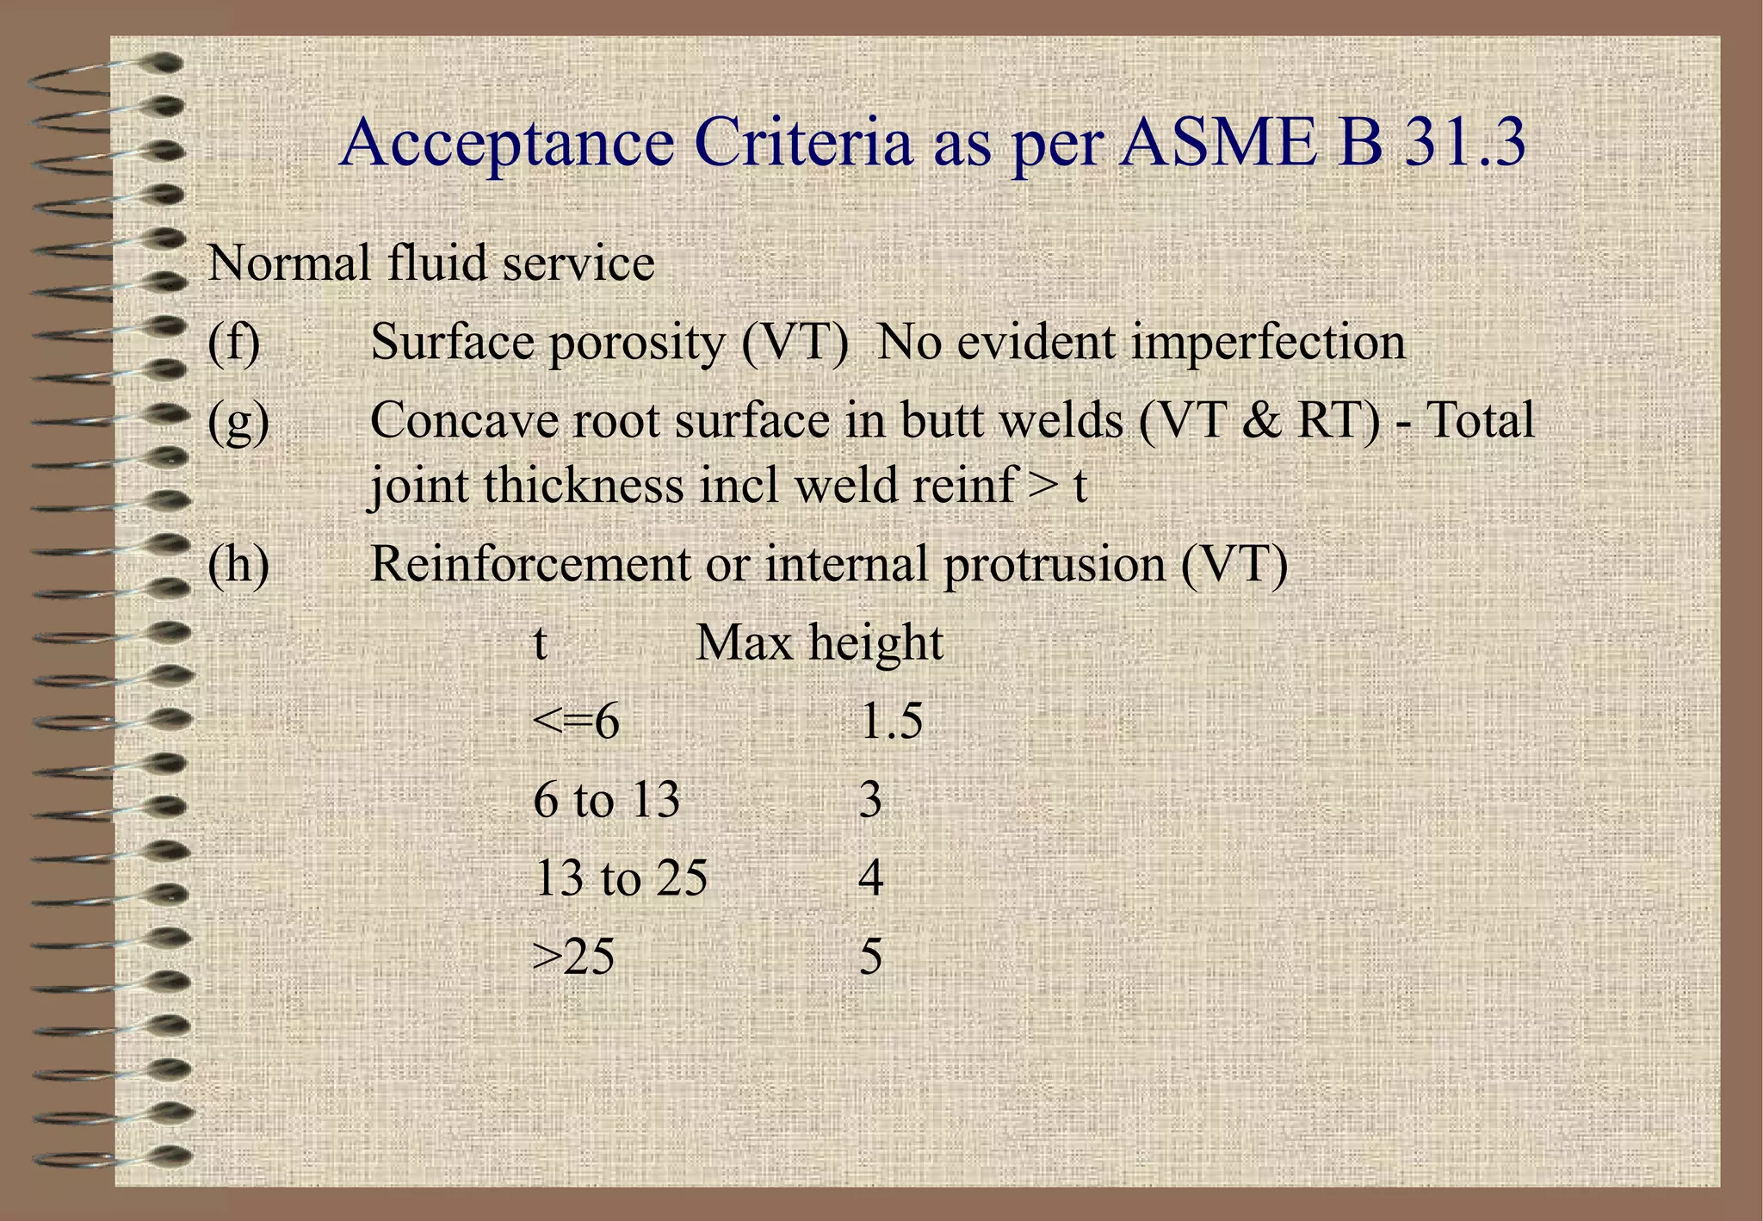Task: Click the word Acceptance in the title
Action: point(507,143)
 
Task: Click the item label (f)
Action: point(233,343)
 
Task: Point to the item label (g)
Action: point(238,422)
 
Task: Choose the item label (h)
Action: point(238,565)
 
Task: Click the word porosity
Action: point(636,343)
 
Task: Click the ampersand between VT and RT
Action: point(1261,422)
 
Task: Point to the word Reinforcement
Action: point(529,565)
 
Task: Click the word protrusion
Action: point(1054,565)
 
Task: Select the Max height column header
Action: point(819,643)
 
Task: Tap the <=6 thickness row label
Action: point(576,722)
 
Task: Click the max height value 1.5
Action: point(891,722)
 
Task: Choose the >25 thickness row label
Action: point(573,957)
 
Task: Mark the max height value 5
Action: point(871,957)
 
